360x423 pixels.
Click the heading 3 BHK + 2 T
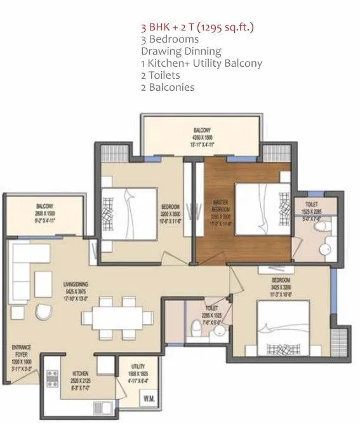point(200,29)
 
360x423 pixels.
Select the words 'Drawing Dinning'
point(181,51)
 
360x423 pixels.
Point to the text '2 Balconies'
point(168,87)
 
